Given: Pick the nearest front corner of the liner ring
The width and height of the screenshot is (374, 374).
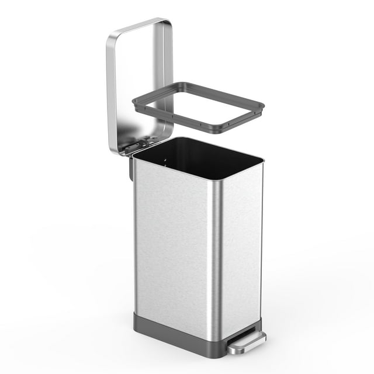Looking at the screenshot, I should point(217,130).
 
